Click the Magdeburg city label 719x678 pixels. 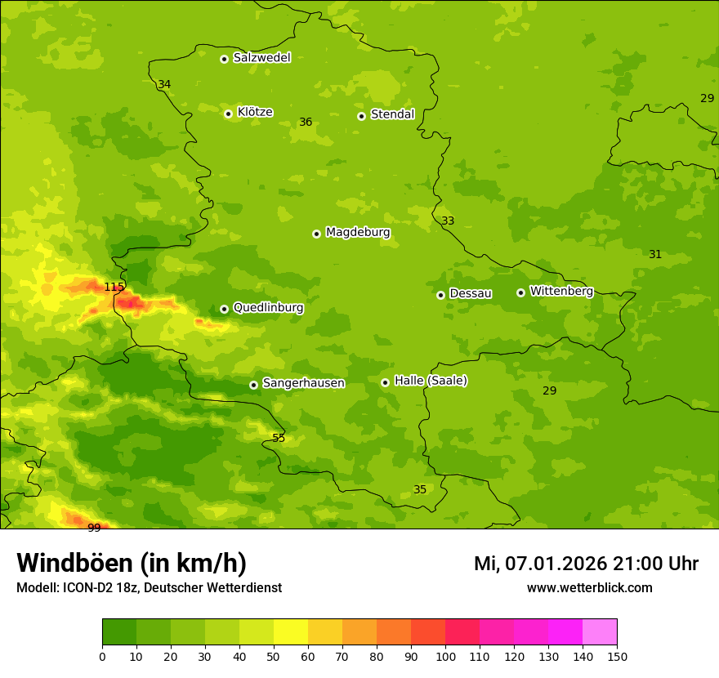click(x=358, y=233)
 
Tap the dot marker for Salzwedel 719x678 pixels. click(x=224, y=59)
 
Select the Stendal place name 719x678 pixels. click(x=392, y=114)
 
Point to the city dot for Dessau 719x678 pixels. click(x=440, y=295)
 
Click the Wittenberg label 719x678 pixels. click(x=561, y=291)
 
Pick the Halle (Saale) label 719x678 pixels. click(x=431, y=381)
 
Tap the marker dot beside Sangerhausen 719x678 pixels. click(x=253, y=385)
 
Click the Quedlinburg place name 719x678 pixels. click(x=268, y=308)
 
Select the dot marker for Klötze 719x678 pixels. click(x=228, y=114)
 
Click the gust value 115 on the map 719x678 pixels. click(x=114, y=287)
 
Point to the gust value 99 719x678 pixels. click(x=94, y=528)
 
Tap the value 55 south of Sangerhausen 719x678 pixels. click(x=279, y=438)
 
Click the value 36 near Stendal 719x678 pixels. click(x=306, y=122)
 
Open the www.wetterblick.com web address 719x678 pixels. click(x=589, y=587)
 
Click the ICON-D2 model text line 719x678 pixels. click(x=149, y=587)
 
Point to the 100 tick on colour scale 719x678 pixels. click(x=445, y=656)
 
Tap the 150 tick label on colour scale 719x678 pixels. click(x=617, y=656)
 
